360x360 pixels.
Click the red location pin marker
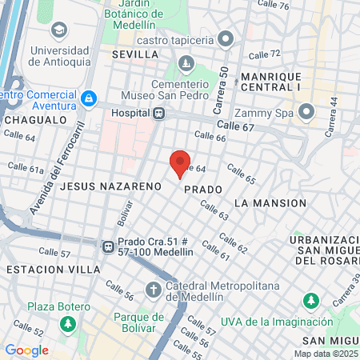(180, 163)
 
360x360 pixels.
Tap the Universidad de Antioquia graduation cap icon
(58, 30)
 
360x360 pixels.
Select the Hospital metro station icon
(159, 113)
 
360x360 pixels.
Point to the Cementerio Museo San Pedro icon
(186, 62)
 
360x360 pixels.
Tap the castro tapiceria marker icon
(226, 38)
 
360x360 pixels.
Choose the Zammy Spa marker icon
(305, 111)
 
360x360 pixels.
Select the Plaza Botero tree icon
(69, 324)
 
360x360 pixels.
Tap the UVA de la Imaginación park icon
(310, 302)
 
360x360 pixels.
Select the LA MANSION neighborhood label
(270, 203)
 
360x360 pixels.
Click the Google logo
(26, 350)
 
